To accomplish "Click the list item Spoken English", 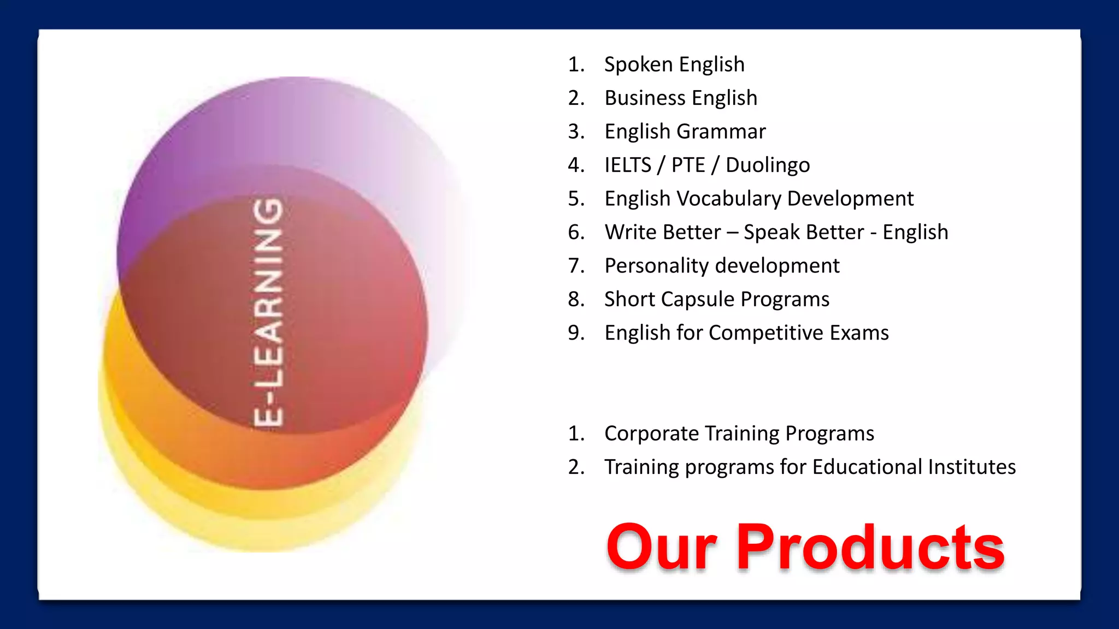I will (674, 64).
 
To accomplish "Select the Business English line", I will (680, 98).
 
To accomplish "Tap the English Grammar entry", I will (685, 132).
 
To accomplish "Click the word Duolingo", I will (768, 165).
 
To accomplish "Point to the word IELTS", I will (628, 165).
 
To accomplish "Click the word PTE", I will (688, 165).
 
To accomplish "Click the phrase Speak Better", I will (804, 232).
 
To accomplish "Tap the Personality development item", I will (721, 266).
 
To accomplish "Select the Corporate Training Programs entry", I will (739, 434).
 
